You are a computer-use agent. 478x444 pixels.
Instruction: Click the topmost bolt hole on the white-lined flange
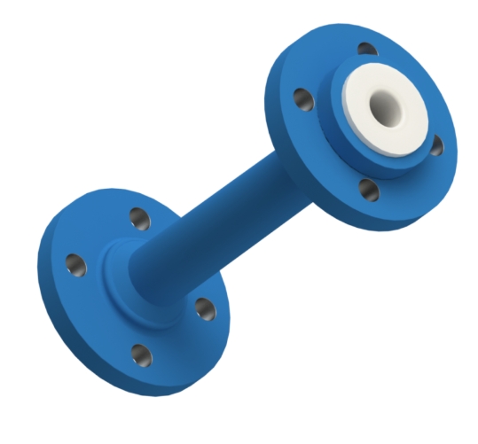(x=364, y=49)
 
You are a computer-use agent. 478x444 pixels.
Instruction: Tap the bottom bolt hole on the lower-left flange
(x=140, y=355)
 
